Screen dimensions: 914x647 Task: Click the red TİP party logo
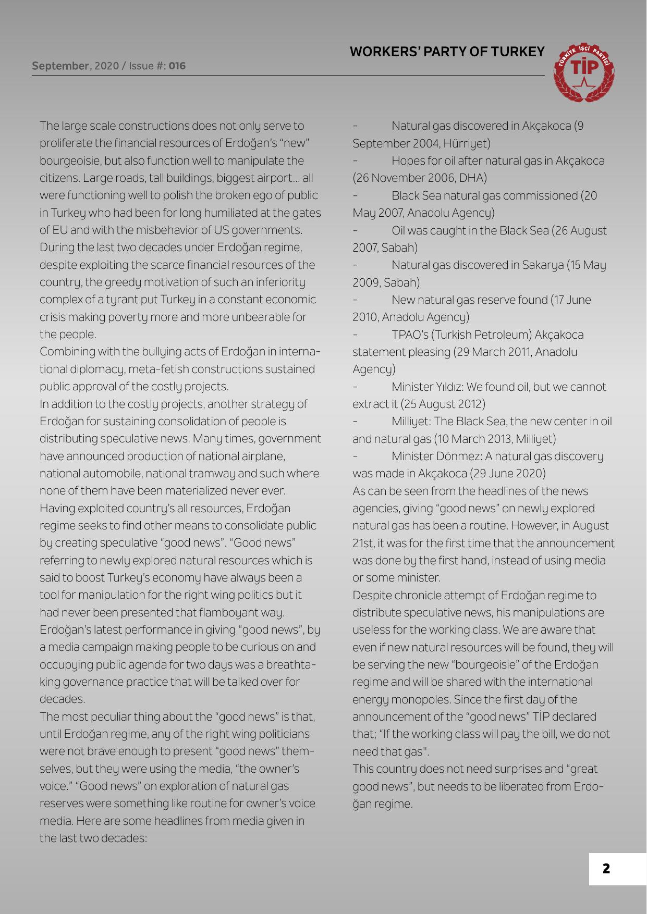pos(585,72)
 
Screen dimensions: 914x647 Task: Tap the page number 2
pos(606,869)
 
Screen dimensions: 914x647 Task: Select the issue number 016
pos(177,66)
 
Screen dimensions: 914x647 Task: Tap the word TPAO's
pos(409,335)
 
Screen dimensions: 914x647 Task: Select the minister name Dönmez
pos(459,456)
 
